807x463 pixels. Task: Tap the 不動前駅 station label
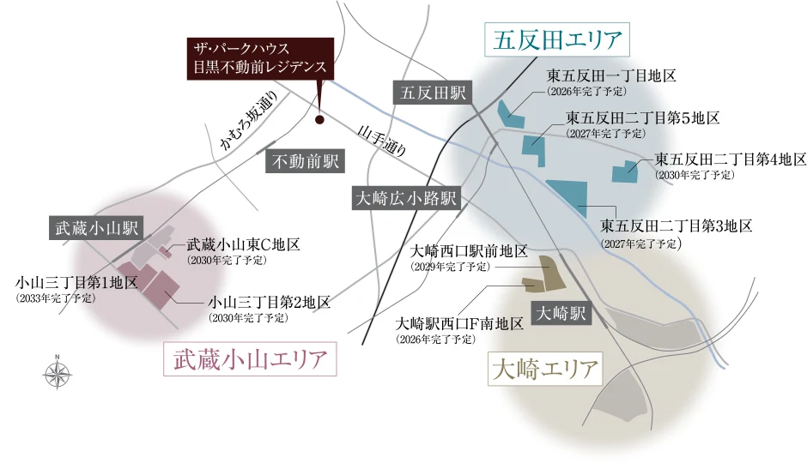click(306, 160)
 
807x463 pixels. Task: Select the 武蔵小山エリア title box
click(250, 359)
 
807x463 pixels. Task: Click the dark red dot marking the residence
click(319, 120)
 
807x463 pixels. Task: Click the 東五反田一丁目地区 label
click(612, 75)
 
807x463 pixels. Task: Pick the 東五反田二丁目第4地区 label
click(731, 159)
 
